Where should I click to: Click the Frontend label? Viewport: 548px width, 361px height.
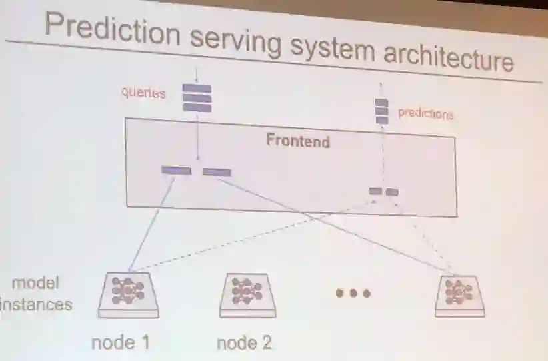[297, 141]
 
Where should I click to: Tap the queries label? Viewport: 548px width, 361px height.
[143, 93]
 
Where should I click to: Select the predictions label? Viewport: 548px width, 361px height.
[425, 113]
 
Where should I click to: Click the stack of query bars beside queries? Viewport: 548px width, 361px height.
[197, 98]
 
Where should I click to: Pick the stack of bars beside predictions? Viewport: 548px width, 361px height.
[381, 111]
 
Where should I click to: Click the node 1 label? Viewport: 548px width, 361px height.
[120, 343]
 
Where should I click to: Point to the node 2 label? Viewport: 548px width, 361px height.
[244, 344]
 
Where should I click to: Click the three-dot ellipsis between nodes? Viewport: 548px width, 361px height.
[353, 293]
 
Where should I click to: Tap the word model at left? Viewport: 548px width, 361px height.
[35, 283]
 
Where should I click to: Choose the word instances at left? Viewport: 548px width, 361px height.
[36, 305]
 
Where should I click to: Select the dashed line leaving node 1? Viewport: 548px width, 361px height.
[253, 238]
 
